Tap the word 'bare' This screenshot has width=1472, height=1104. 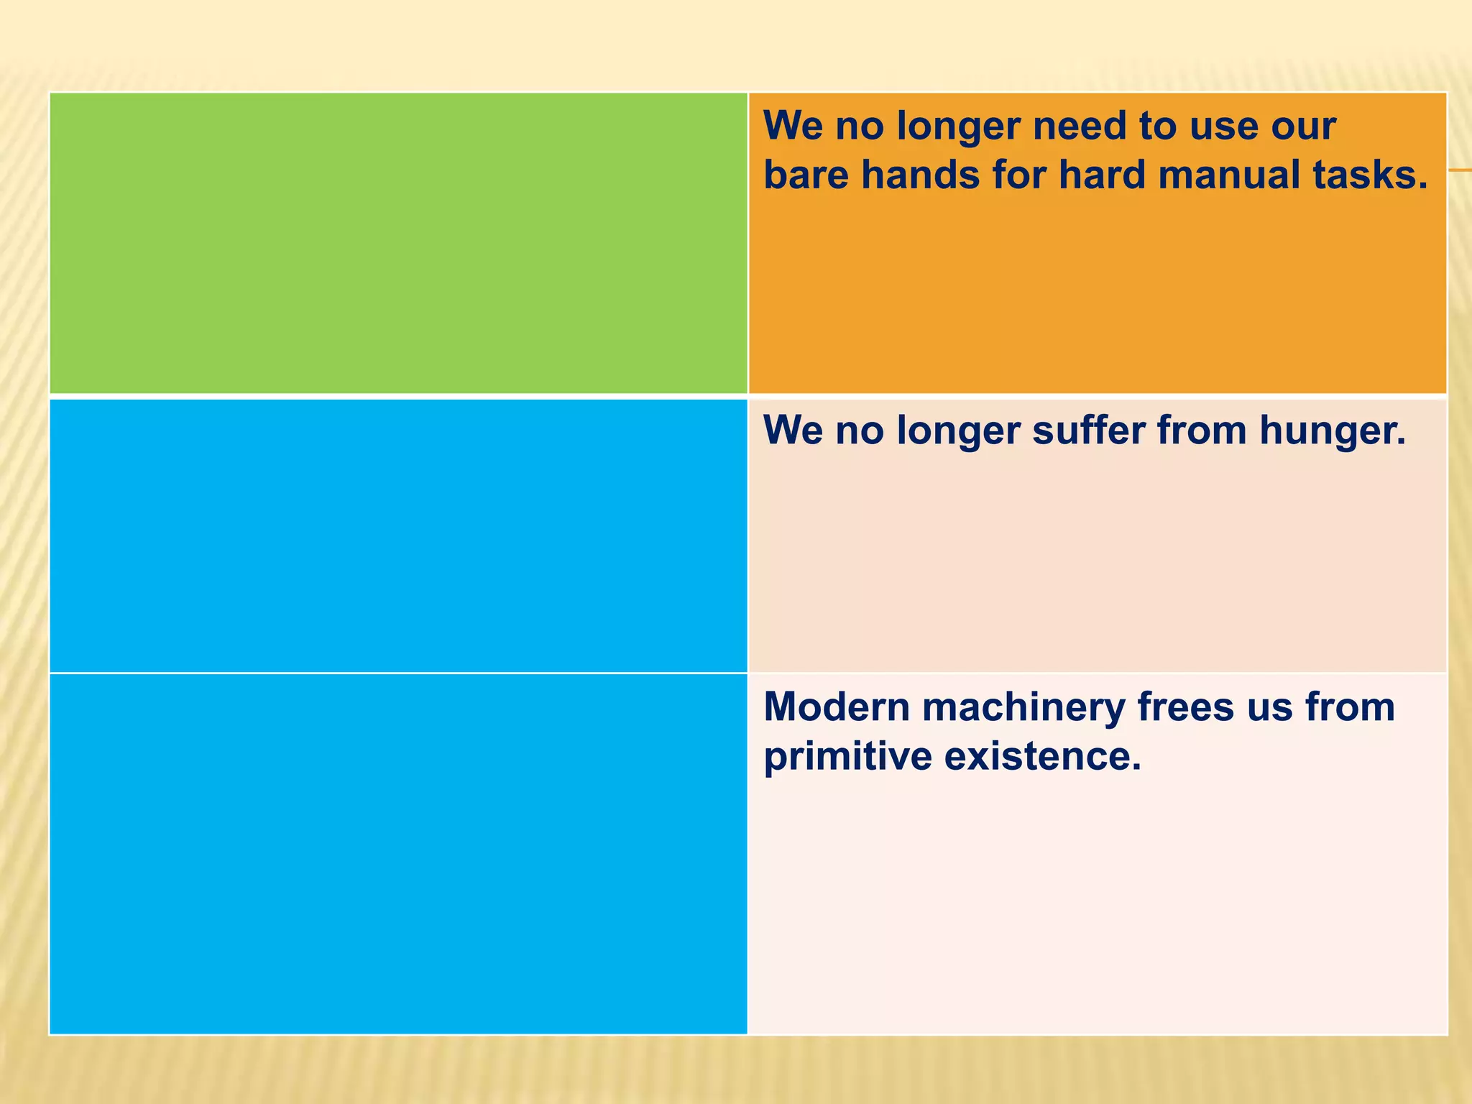pos(806,175)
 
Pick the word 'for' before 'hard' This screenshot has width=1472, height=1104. pos(1018,175)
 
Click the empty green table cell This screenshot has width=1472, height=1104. pos(398,243)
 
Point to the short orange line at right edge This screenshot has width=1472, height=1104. pos(1460,170)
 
